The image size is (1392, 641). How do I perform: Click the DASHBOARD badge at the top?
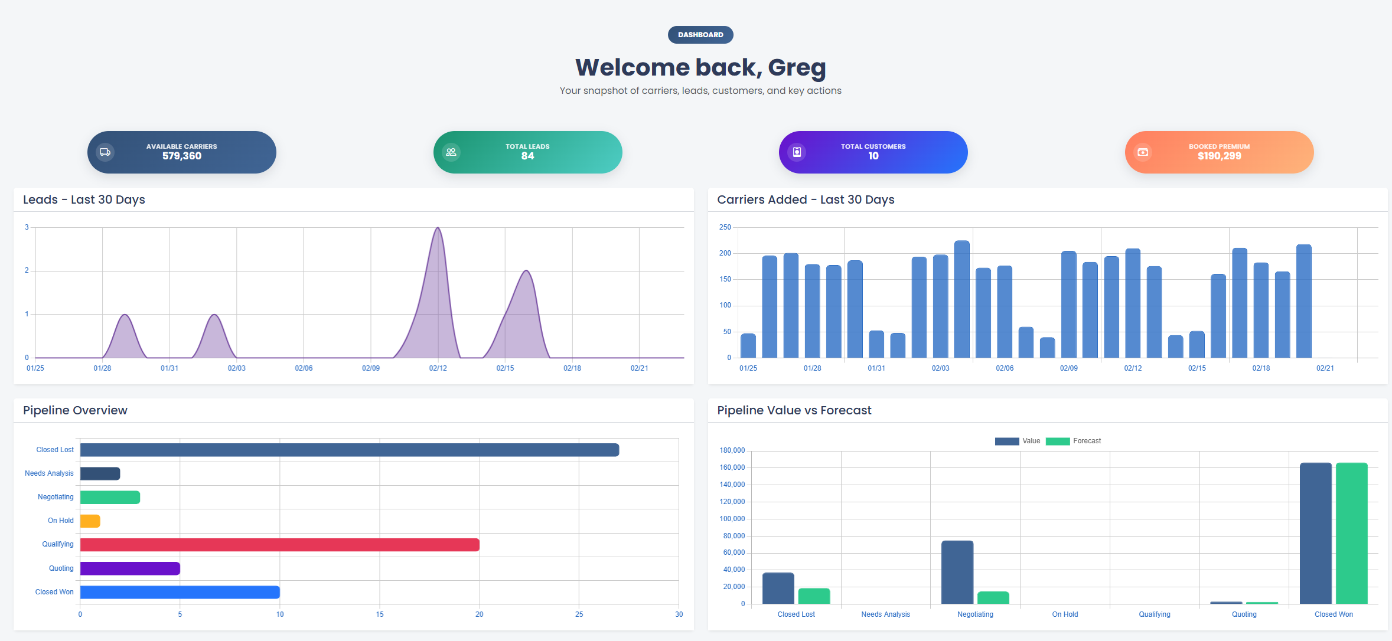click(x=700, y=35)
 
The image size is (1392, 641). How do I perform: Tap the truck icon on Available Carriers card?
click(x=105, y=152)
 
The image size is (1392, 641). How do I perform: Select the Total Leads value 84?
click(x=527, y=156)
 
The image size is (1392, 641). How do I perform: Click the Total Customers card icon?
click(x=797, y=152)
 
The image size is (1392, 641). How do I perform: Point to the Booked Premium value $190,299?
click(x=1219, y=156)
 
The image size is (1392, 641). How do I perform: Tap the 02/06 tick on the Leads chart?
click(x=304, y=368)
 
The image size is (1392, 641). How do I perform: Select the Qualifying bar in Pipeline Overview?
click(x=279, y=545)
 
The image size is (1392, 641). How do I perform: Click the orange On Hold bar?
click(x=90, y=521)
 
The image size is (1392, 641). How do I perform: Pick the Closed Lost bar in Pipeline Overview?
click(x=349, y=450)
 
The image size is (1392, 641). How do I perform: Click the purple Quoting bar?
click(x=130, y=568)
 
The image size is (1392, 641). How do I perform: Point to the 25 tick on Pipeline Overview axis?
click(x=579, y=614)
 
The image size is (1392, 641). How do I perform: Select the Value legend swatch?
click(x=1006, y=441)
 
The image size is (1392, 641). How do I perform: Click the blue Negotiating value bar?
click(x=957, y=572)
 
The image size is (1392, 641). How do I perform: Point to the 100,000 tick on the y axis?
click(x=732, y=519)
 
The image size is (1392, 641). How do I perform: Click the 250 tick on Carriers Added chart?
click(x=725, y=227)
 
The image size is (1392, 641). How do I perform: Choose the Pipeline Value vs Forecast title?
click(x=794, y=410)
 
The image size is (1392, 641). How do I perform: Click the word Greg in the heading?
click(x=797, y=68)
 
